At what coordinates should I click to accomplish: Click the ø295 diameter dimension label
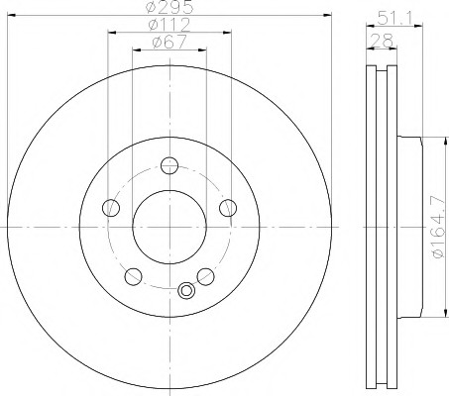click(x=169, y=7)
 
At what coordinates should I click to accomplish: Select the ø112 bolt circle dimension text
click(x=169, y=25)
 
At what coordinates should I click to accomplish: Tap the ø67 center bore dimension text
click(x=169, y=43)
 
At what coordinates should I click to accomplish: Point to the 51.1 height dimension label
click(x=393, y=18)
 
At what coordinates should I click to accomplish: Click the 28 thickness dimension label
click(x=382, y=41)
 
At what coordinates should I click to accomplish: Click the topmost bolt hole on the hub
click(x=169, y=165)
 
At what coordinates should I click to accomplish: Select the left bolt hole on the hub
click(x=111, y=208)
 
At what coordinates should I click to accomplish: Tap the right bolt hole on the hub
click(x=228, y=208)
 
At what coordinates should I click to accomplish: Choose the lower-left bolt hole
click(x=134, y=276)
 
